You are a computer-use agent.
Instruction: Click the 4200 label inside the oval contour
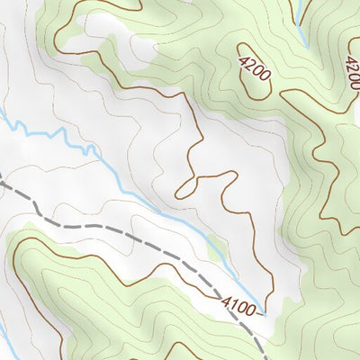(x=255, y=69)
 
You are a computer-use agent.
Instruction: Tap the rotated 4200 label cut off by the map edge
(x=352, y=67)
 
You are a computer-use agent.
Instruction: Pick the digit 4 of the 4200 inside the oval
(x=245, y=58)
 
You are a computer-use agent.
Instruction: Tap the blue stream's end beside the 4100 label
(x=263, y=306)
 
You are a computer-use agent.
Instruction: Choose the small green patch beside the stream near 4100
(x=216, y=245)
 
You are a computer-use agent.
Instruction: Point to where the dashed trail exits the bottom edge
(x=265, y=358)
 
